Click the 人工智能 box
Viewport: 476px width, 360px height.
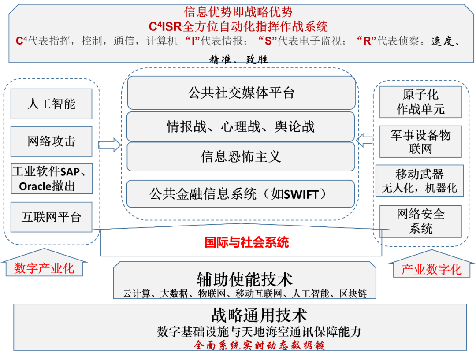point(51,104)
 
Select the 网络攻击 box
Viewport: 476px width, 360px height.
point(51,141)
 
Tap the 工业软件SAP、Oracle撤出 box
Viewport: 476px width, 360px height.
point(51,178)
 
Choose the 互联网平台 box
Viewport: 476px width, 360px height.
point(51,217)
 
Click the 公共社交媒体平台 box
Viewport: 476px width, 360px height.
point(241,93)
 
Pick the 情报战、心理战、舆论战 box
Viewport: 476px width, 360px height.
point(241,126)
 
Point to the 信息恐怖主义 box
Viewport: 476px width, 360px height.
point(241,156)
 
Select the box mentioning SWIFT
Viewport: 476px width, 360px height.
point(241,194)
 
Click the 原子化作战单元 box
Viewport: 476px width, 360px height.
point(420,102)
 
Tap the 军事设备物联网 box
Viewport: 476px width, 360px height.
point(420,141)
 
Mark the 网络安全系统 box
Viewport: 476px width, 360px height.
point(420,221)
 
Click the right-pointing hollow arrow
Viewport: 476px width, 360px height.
point(110,145)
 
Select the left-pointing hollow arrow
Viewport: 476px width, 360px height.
point(365,141)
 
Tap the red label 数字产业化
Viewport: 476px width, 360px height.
point(44,268)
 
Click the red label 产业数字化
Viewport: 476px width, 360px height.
point(431,269)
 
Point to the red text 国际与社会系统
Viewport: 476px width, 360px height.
point(247,242)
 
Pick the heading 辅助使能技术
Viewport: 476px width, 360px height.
point(245,279)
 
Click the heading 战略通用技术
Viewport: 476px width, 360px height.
point(259,315)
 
